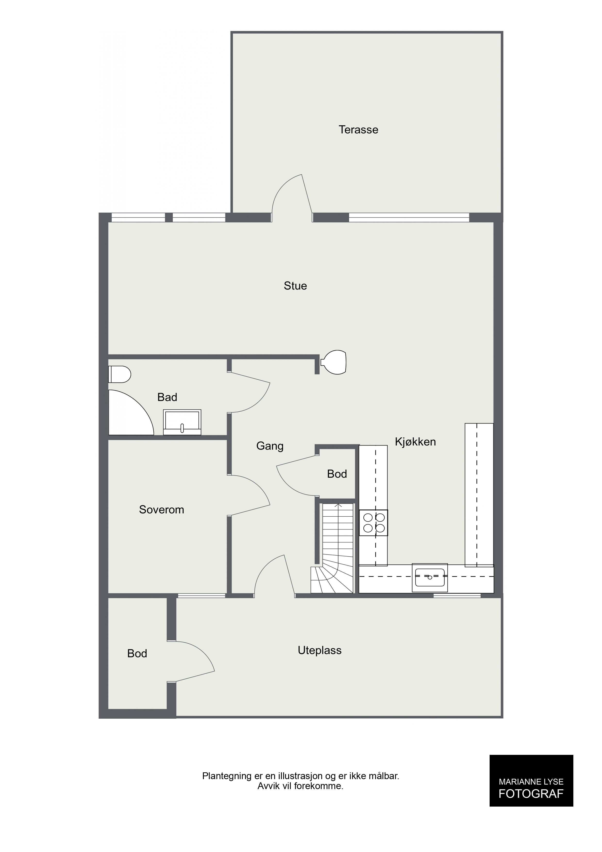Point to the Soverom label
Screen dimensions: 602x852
click(x=161, y=510)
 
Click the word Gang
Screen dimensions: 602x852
click(x=270, y=446)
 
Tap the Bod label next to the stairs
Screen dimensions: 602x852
click(x=337, y=474)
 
